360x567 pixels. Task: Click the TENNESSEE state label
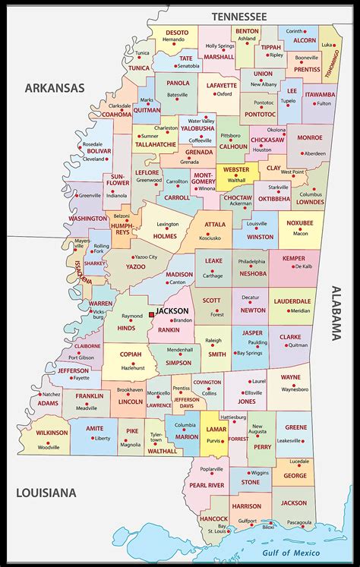[239, 16]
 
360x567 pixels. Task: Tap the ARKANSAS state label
[54, 89]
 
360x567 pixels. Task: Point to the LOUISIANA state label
[46, 493]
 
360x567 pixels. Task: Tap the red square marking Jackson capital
[152, 313]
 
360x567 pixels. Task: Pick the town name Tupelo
[287, 100]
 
